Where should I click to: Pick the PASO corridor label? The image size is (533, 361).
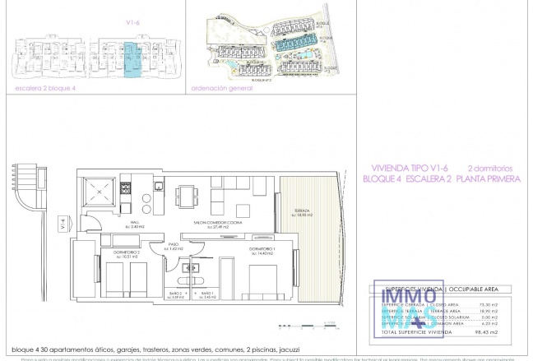[x=174, y=246]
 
